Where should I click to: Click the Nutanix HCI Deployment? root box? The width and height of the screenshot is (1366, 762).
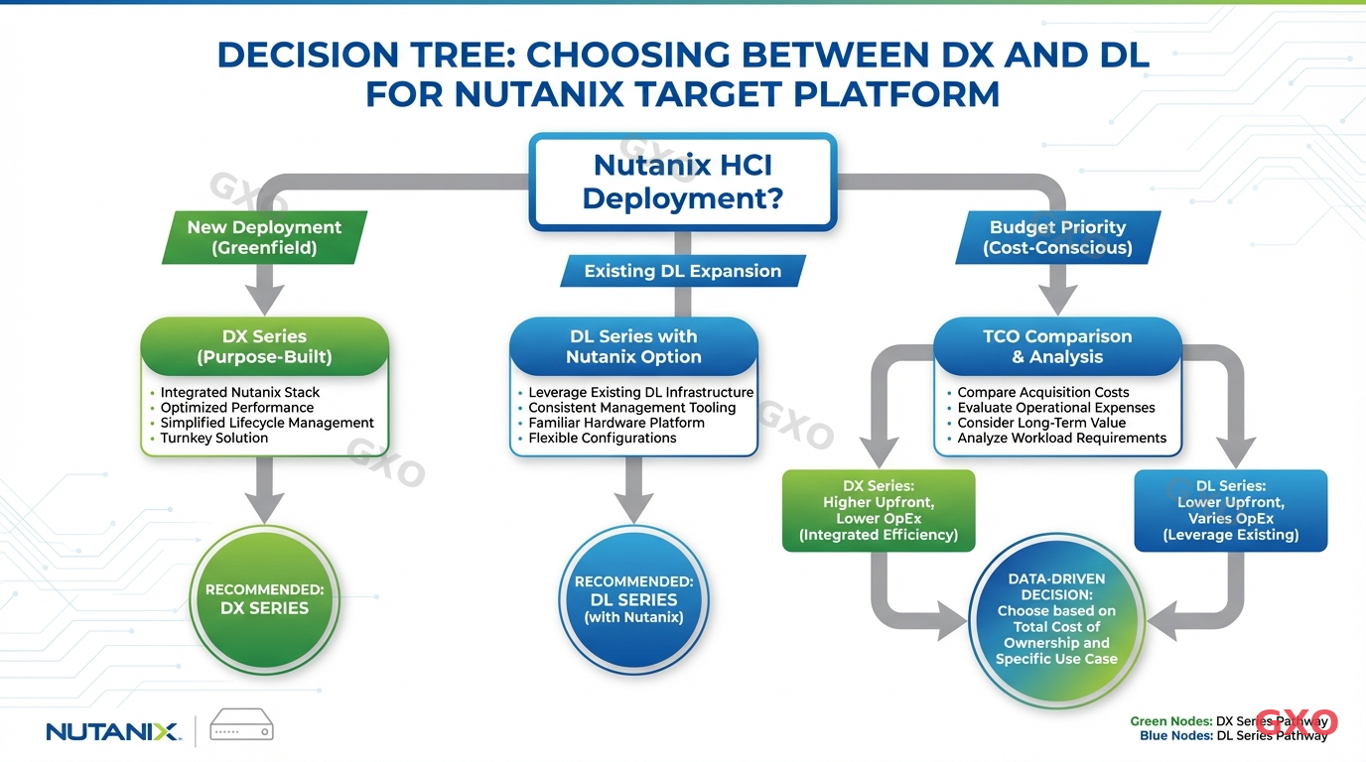coord(682,182)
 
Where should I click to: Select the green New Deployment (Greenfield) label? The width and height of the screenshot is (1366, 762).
coord(264,237)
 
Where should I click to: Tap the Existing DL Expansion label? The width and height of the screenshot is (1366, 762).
coord(682,271)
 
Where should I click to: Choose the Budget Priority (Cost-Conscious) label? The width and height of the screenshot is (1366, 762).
coord(1057,237)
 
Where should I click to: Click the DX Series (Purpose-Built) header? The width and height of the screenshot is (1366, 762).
coord(264,346)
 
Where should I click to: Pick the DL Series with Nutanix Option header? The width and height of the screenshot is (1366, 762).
coord(633,346)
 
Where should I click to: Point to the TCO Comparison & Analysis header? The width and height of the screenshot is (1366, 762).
coord(1057,346)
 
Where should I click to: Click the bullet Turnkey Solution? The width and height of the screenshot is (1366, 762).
coord(214,438)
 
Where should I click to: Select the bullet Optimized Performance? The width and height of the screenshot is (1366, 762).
coord(237,408)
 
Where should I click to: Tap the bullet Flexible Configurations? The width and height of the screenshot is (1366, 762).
coord(603,438)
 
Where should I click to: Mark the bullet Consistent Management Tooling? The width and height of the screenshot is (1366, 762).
coord(632,408)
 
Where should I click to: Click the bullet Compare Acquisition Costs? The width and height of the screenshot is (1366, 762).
coord(1043,393)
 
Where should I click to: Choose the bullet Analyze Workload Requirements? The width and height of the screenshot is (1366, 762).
coord(1062,438)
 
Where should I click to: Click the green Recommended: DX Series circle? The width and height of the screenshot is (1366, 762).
coord(264,599)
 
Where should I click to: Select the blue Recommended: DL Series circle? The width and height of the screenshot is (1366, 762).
coord(633,599)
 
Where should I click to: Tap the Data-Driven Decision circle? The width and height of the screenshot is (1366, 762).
coord(1056,619)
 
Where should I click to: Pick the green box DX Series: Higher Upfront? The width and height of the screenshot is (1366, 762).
coord(879,510)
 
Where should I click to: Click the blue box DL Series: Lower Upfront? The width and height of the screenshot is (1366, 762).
coord(1231,510)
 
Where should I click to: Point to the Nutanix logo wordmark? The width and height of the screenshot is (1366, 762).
coord(113,731)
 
